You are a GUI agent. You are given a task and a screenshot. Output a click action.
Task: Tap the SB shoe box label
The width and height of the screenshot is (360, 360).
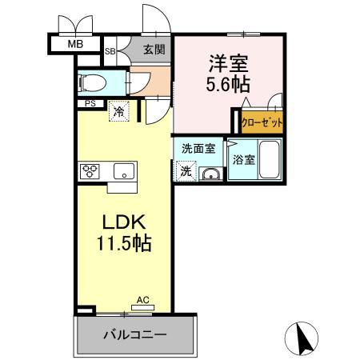pyautogui.click(x=110, y=50)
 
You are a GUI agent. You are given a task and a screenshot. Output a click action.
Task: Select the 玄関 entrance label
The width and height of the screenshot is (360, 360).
pyautogui.click(x=154, y=50)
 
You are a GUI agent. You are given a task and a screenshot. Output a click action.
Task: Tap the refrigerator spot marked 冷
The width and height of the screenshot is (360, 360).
pyautogui.click(x=118, y=111)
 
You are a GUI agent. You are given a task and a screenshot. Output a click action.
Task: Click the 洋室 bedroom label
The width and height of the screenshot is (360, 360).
pyautogui.click(x=226, y=60)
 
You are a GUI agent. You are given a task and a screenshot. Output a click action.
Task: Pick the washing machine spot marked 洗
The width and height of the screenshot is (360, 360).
pyautogui.click(x=185, y=170)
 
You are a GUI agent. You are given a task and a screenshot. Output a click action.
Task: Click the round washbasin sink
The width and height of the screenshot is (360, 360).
pyautogui.click(x=210, y=174)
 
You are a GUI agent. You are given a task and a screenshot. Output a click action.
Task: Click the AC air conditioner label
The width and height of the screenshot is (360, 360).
pyautogui.click(x=142, y=300)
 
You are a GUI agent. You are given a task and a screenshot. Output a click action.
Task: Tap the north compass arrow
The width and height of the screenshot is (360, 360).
pyautogui.click(x=304, y=338)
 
